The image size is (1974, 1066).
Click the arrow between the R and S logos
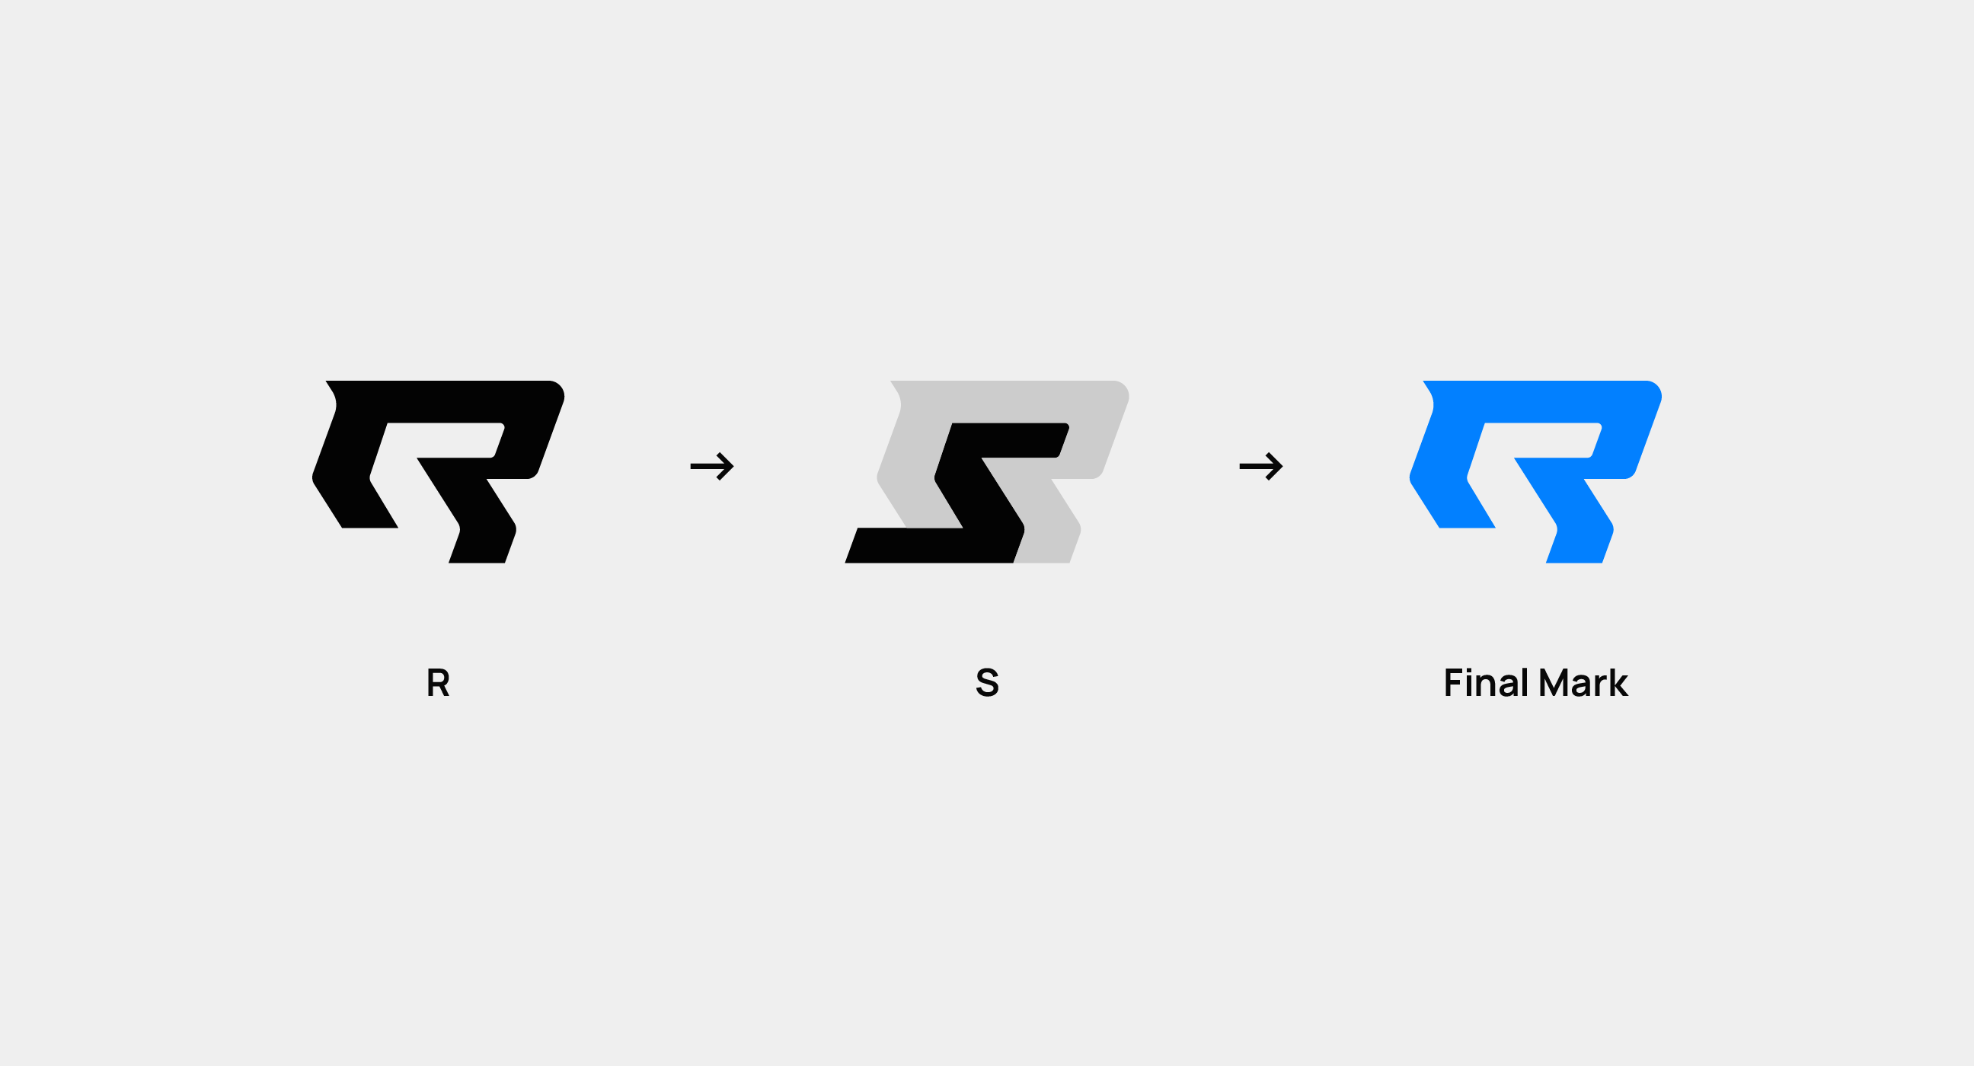[712, 466]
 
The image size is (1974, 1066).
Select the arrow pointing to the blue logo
[1260, 466]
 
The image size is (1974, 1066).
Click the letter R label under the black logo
[438, 683]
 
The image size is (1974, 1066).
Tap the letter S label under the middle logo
[987, 683]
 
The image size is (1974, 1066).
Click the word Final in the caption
[1487, 683]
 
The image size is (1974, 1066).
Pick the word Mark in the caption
[1583, 683]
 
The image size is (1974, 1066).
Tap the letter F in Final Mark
[1452, 683]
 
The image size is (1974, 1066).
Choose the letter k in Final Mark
[1618, 683]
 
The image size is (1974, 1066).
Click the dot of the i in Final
[1469, 670]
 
